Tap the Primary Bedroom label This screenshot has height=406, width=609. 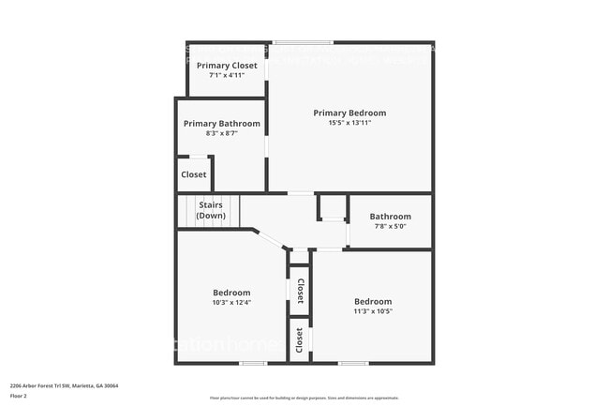[349, 113]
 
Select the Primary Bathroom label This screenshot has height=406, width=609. [222, 124]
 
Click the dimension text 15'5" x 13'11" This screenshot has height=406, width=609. [349, 123]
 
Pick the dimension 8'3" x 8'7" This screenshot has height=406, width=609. [222, 133]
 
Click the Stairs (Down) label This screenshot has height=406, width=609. [211, 210]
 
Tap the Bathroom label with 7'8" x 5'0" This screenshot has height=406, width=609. [390, 216]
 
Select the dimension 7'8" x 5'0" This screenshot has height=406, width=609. [390, 226]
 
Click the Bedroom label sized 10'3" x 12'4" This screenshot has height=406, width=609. [230, 293]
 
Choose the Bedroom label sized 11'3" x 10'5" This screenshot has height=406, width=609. [373, 301]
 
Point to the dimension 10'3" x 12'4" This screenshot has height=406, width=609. [230, 302]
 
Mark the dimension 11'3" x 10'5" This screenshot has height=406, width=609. [373, 311]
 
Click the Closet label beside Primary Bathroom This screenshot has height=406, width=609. [194, 174]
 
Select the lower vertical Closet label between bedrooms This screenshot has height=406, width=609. [300, 341]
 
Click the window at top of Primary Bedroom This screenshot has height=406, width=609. [303, 42]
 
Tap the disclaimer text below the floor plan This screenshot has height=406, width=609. [304, 398]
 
